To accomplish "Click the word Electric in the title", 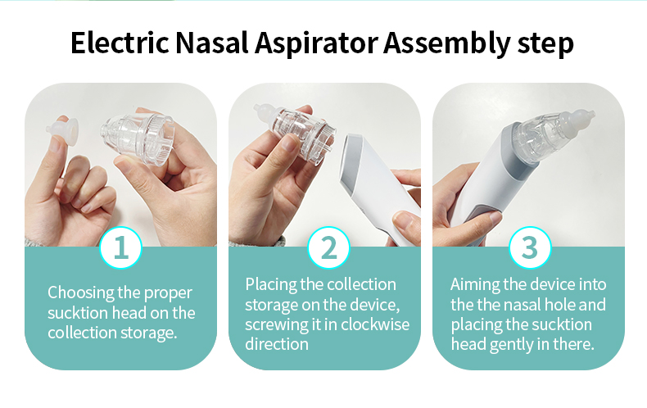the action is (x=120, y=43).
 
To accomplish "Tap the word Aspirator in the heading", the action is (x=316, y=43).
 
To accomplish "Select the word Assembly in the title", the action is (x=447, y=43).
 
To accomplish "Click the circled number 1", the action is (x=121, y=247).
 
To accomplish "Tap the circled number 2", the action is (x=329, y=247).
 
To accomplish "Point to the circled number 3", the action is (x=530, y=247).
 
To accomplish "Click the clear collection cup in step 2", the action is (x=296, y=132).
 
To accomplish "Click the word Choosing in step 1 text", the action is (x=81, y=293).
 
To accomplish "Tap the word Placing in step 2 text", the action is (x=271, y=285).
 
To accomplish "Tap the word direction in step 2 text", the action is (x=277, y=344).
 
